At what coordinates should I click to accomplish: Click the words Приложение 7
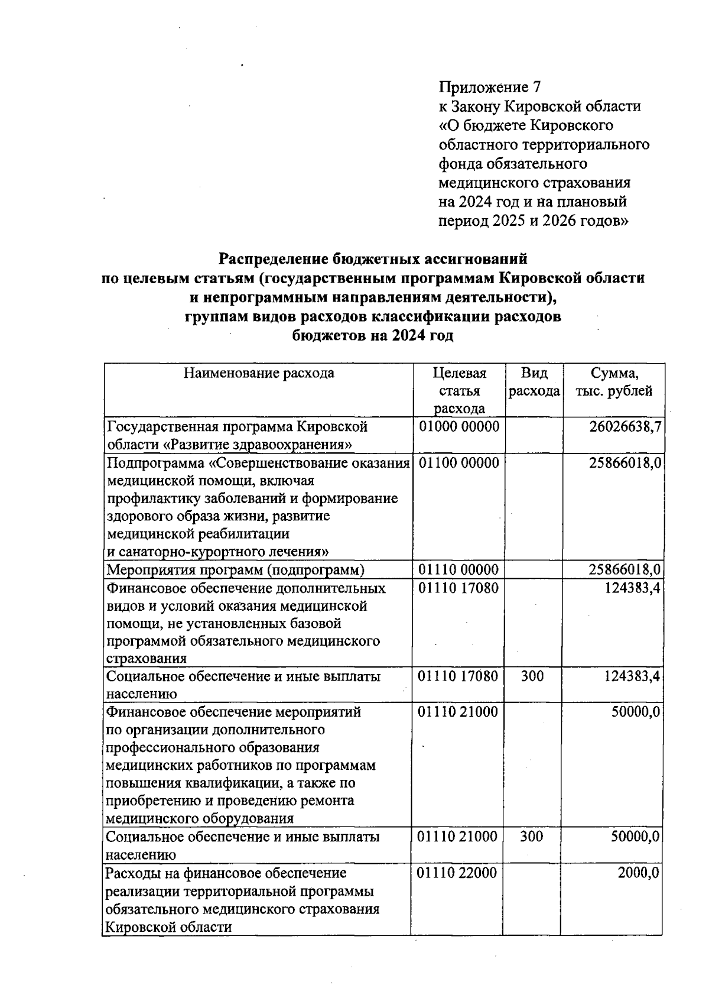489,88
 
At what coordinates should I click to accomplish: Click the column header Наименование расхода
259,373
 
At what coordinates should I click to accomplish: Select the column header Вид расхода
534,382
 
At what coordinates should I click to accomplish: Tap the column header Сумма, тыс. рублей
614,382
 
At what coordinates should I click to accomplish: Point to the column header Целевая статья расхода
459,391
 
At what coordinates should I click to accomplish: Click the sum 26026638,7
625,427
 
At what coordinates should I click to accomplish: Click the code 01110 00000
458,570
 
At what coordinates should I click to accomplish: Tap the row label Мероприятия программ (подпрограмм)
235,570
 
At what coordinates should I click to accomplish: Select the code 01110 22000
457,873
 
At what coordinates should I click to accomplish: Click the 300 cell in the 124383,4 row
532,676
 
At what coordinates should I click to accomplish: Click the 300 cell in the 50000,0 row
532,837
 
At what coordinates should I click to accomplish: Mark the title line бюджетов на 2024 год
373,336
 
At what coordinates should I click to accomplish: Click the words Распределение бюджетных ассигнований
373,259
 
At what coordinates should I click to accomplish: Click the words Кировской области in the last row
168,927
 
